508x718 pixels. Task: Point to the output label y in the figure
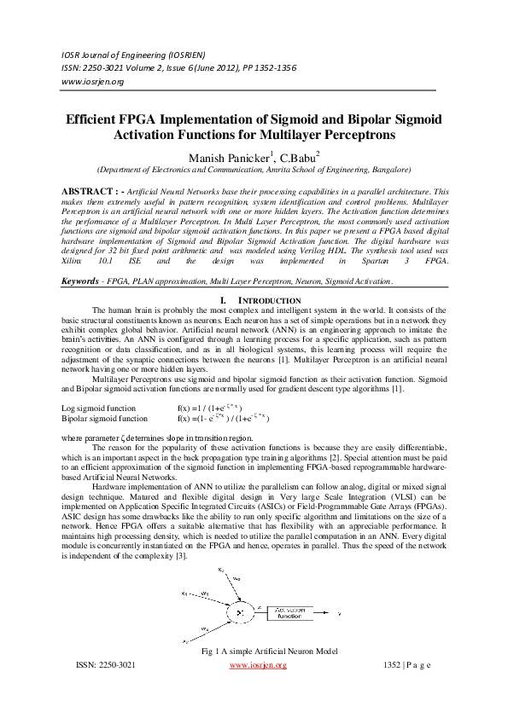339,612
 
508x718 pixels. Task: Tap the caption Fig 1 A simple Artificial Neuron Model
269,651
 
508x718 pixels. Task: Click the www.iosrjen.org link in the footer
258,664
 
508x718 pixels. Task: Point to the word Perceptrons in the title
352,135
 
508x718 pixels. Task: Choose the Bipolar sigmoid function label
105,419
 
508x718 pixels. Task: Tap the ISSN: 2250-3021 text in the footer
106,664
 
